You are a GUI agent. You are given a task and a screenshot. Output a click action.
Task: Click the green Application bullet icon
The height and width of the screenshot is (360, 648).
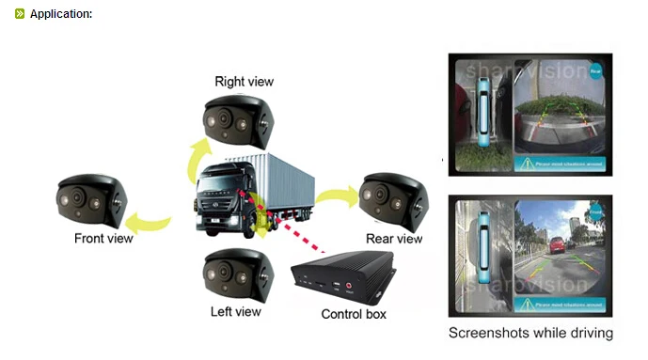20,14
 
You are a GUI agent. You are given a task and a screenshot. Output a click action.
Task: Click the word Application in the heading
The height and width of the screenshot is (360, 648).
60,14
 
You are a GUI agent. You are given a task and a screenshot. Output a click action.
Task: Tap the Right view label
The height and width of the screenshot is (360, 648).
244,82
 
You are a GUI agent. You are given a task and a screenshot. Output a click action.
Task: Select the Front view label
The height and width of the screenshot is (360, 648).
103,238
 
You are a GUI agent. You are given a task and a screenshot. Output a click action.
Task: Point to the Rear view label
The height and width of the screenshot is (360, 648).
394,239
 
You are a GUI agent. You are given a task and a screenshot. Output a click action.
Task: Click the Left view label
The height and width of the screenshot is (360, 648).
235,311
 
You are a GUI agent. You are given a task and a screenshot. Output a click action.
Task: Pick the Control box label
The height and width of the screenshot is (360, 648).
354,314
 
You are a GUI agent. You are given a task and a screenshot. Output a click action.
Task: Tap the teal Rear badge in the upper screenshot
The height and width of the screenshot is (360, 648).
595,70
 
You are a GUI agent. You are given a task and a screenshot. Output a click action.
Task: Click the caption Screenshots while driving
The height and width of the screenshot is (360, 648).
530,333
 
